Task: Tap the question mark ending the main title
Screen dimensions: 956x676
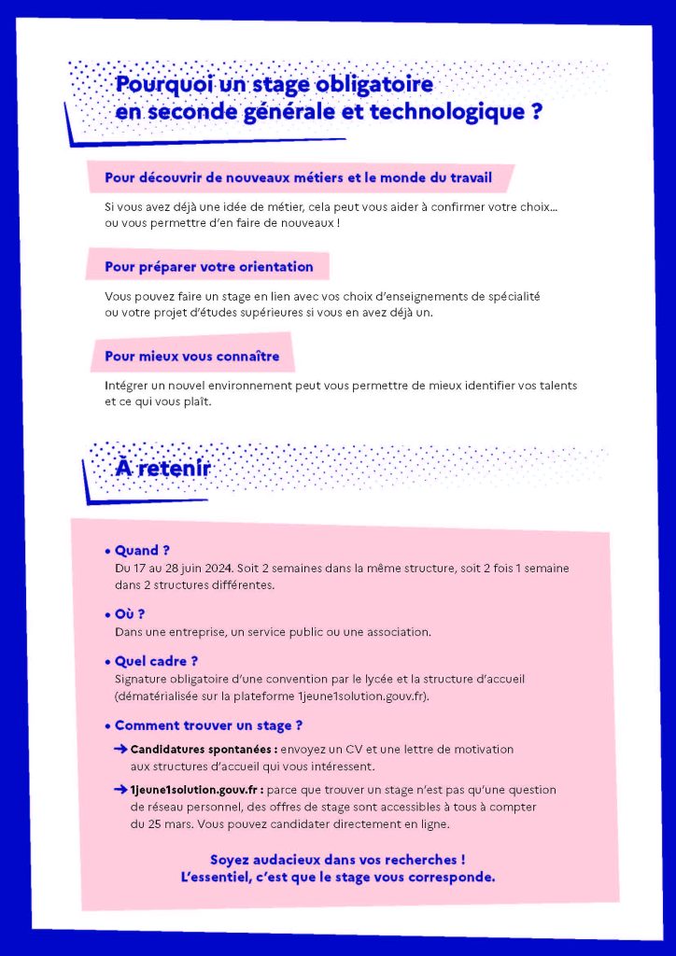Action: pos(536,113)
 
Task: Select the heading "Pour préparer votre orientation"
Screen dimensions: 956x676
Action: pos(208,267)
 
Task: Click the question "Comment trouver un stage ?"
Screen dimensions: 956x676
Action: pos(208,725)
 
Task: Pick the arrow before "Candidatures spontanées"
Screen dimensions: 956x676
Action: pos(120,749)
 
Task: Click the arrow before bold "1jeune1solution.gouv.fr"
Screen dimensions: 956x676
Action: pos(120,790)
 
